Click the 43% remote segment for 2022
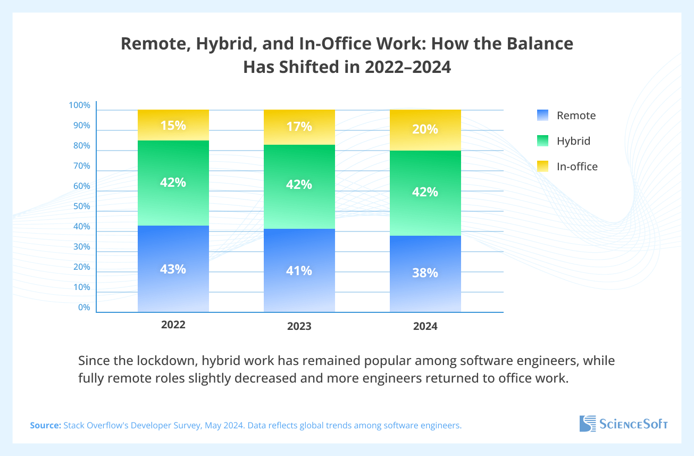pos(173,269)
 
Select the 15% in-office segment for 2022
pos(173,126)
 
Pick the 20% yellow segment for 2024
pos(425,130)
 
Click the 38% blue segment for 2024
pos(425,273)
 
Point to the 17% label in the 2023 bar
pos(299,127)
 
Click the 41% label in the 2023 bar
pos(299,271)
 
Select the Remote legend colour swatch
pos(542,115)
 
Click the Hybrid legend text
pos(573,141)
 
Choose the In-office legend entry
pos(577,167)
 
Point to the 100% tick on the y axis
pos(80,105)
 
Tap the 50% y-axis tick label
pos(81,206)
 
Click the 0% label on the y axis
pos(84,308)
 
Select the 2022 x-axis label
pos(173,325)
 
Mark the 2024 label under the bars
pos(425,327)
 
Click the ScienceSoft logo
pos(623,424)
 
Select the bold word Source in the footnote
pos(45,426)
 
